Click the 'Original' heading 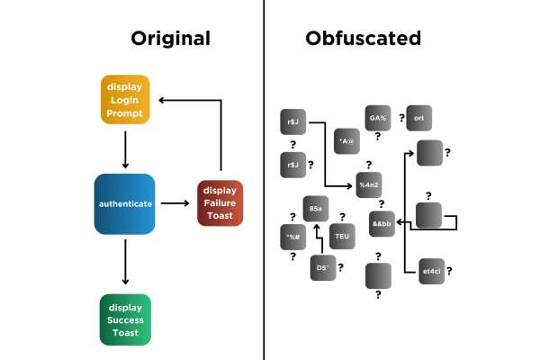pos(170,38)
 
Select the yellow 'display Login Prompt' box pos(125,101)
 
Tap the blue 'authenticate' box pos(125,204)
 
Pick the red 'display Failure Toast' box pos(220,204)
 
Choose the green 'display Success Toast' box pos(125,319)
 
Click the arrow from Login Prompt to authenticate pos(125,148)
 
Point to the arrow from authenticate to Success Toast pos(125,265)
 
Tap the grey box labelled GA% pos(377,118)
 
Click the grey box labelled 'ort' pos(419,118)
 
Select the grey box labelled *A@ pos(346,141)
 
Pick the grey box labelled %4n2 pos(370,184)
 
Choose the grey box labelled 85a pos(315,208)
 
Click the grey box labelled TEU pos(342,236)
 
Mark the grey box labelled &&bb pos(382,223)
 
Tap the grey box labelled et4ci pos(432,271)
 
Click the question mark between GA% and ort pos(401,118)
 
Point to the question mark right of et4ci pos(449,270)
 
